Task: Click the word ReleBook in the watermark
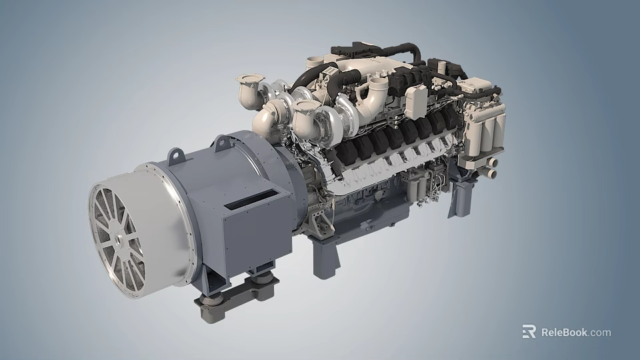[563, 332]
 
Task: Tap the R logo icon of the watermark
[529, 332]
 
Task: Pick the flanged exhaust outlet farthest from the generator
[246, 85]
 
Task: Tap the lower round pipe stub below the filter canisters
[492, 173]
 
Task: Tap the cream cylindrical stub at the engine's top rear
[313, 62]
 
